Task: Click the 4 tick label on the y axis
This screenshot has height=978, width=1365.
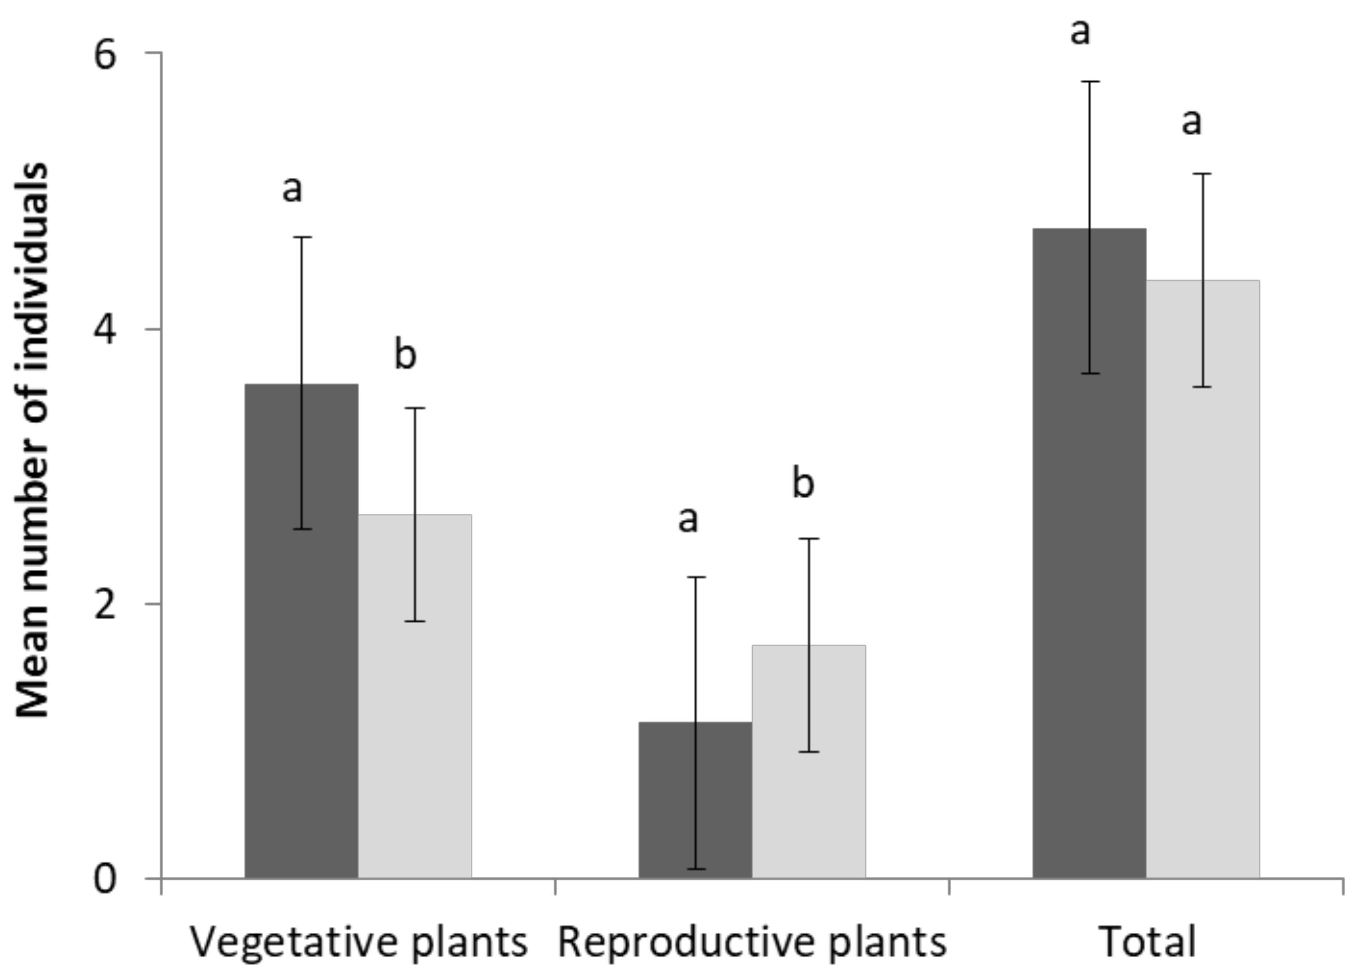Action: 105,330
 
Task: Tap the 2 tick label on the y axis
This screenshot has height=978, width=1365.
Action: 105,604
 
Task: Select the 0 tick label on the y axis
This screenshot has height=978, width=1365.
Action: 105,879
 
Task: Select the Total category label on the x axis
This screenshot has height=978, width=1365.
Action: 1147,942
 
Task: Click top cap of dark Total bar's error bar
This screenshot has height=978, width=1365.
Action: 1090,81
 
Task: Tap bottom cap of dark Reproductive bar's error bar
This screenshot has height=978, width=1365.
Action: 696,868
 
